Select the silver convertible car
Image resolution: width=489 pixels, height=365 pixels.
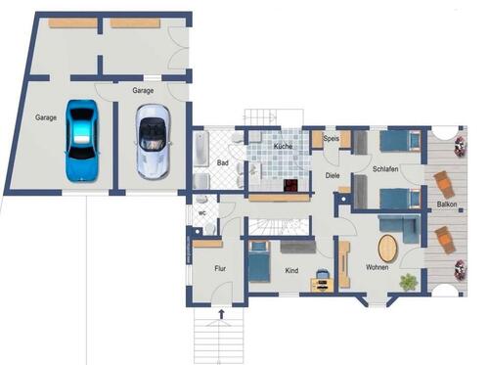click(x=152, y=142)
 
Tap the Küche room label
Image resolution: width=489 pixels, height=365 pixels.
click(x=283, y=146)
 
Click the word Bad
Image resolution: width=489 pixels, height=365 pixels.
click(x=222, y=163)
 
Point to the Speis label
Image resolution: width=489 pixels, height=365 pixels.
click(x=331, y=140)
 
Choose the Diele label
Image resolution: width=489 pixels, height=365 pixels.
click(x=333, y=176)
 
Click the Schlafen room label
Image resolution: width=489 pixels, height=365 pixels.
click(x=385, y=169)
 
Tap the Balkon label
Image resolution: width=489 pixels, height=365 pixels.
click(x=447, y=205)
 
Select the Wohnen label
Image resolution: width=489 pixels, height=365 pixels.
click(x=378, y=267)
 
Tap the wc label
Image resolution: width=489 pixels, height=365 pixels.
click(x=201, y=211)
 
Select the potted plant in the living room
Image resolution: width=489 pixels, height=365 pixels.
click(x=409, y=282)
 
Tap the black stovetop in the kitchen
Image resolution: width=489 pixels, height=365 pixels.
click(x=291, y=185)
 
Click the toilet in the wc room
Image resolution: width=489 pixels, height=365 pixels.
click(x=208, y=229)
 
